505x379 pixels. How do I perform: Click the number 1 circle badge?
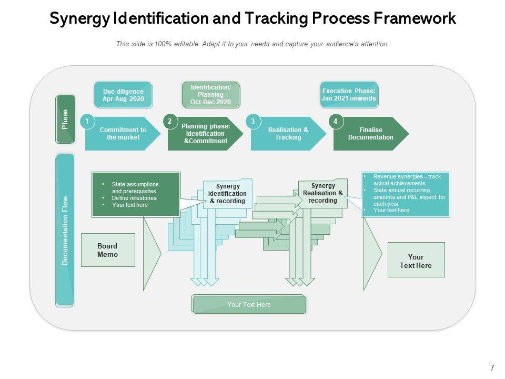click(87, 122)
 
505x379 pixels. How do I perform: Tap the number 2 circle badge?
click(170, 122)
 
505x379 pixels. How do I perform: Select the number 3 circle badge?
click(253, 122)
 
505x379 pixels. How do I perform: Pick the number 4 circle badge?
click(336, 122)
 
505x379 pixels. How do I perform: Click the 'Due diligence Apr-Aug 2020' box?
click(123, 95)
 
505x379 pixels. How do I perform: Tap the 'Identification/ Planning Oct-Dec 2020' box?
click(211, 95)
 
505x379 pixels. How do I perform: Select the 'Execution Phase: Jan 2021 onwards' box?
click(349, 95)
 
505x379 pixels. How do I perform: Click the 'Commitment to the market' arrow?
click(123, 134)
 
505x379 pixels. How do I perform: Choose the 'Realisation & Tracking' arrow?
click(288, 134)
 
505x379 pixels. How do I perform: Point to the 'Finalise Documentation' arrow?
click(370, 134)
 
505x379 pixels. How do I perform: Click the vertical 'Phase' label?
click(65, 119)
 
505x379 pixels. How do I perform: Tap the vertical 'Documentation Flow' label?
click(65, 230)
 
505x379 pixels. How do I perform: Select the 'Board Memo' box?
click(108, 250)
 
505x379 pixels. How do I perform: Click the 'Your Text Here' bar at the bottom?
click(249, 305)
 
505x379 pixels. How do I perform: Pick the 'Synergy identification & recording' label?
click(228, 194)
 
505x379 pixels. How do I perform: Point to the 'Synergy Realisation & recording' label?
click(323, 193)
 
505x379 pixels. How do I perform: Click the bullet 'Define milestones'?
click(134, 198)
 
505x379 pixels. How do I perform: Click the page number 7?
click(492, 367)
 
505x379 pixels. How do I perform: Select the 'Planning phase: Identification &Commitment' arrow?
click(205, 134)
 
